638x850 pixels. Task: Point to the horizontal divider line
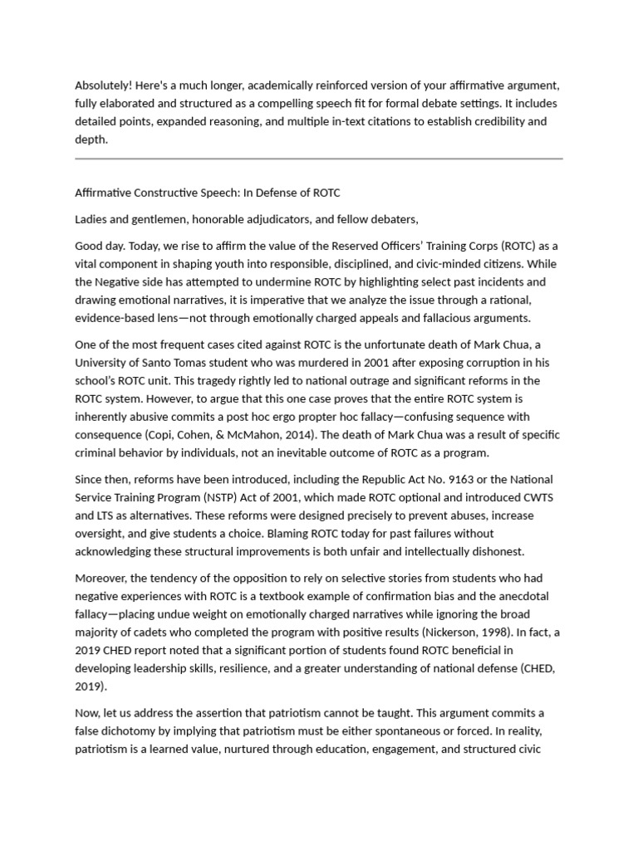pos(319,158)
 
